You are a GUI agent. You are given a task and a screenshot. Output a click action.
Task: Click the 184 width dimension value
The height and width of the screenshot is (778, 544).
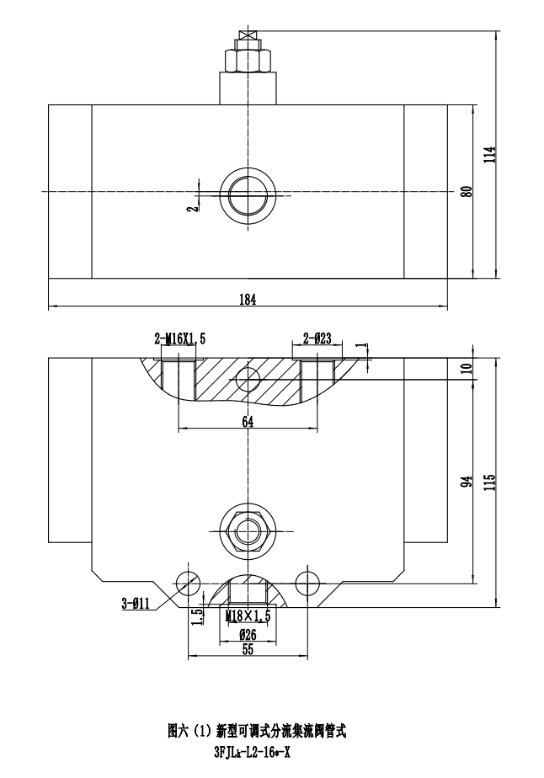click(247, 298)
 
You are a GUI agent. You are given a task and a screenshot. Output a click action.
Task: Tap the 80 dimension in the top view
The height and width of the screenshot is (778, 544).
click(466, 191)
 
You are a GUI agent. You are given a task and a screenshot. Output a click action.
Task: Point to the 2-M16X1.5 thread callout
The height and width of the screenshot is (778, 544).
click(179, 338)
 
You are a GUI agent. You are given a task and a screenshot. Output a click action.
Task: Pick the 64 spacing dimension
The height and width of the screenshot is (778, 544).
click(248, 422)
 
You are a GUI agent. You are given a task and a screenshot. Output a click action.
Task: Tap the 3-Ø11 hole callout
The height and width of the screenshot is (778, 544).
click(136, 603)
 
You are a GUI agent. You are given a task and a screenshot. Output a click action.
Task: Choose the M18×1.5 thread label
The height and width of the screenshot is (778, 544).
click(248, 616)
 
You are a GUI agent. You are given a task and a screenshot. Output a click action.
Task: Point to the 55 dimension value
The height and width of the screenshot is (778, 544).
click(248, 648)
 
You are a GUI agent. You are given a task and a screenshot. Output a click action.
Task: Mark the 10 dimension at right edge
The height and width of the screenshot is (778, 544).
click(466, 367)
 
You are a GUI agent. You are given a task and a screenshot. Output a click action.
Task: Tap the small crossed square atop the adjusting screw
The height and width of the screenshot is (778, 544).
click(248, 35)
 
